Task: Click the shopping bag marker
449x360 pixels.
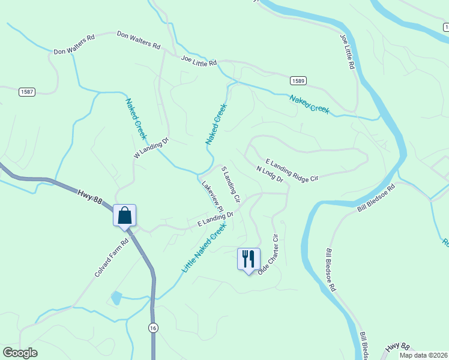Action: pos(124,215)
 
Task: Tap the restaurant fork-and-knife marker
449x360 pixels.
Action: pos(249,259)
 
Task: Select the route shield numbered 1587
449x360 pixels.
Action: pos(26,92)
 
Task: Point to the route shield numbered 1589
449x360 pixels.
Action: pos(298,80)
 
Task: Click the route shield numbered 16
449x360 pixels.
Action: pos(154,327)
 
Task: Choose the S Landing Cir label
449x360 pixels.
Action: pos(231,184)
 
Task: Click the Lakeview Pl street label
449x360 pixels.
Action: pos(212,195)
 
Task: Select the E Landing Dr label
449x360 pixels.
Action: pos(215,219)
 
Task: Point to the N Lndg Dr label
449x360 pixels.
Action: pos(269,174)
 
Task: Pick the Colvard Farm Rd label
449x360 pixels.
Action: pos(112,259)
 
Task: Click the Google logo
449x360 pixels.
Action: pos(20,353)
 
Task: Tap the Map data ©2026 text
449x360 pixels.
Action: pos(423,355)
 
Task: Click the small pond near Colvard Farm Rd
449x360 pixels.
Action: pos(116,297)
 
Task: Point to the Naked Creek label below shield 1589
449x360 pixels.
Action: pos(309,103)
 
